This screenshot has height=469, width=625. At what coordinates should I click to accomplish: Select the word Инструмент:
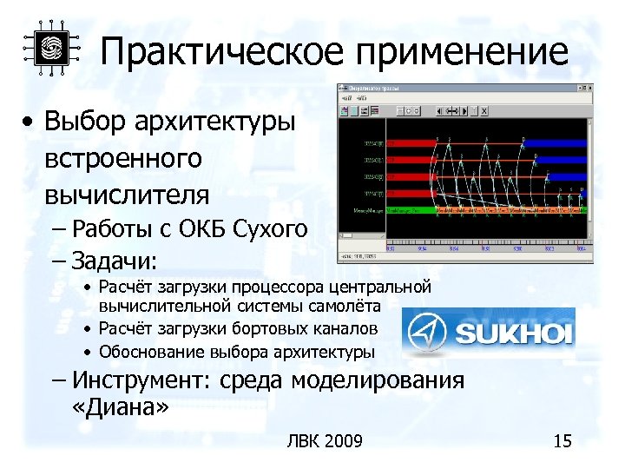(143, 380)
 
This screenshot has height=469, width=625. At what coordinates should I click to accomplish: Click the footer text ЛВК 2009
(324, 441)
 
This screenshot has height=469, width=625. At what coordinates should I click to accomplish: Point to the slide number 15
(562, 441)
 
